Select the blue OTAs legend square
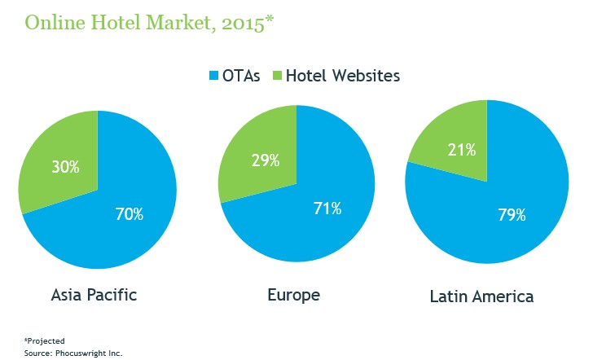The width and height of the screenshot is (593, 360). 214,77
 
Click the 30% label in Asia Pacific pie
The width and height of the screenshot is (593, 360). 65,167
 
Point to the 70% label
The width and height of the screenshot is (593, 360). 129,214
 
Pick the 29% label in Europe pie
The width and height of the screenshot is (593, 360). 265,160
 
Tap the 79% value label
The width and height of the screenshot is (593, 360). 512,216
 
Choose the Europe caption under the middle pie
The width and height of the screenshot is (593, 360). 294,295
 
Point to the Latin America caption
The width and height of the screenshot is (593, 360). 481,296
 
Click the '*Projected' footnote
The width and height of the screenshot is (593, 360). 44,340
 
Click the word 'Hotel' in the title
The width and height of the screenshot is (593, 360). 108,23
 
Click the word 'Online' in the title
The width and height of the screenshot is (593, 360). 51,23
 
